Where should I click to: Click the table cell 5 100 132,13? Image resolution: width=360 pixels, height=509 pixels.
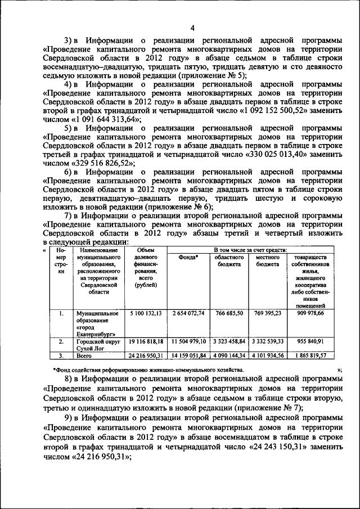point(146,313)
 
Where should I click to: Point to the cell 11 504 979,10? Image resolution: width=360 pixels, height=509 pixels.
point(188,341)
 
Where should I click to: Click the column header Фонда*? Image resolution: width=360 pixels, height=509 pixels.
point(188,258)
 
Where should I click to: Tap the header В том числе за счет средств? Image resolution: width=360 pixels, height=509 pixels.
point(250,249)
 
